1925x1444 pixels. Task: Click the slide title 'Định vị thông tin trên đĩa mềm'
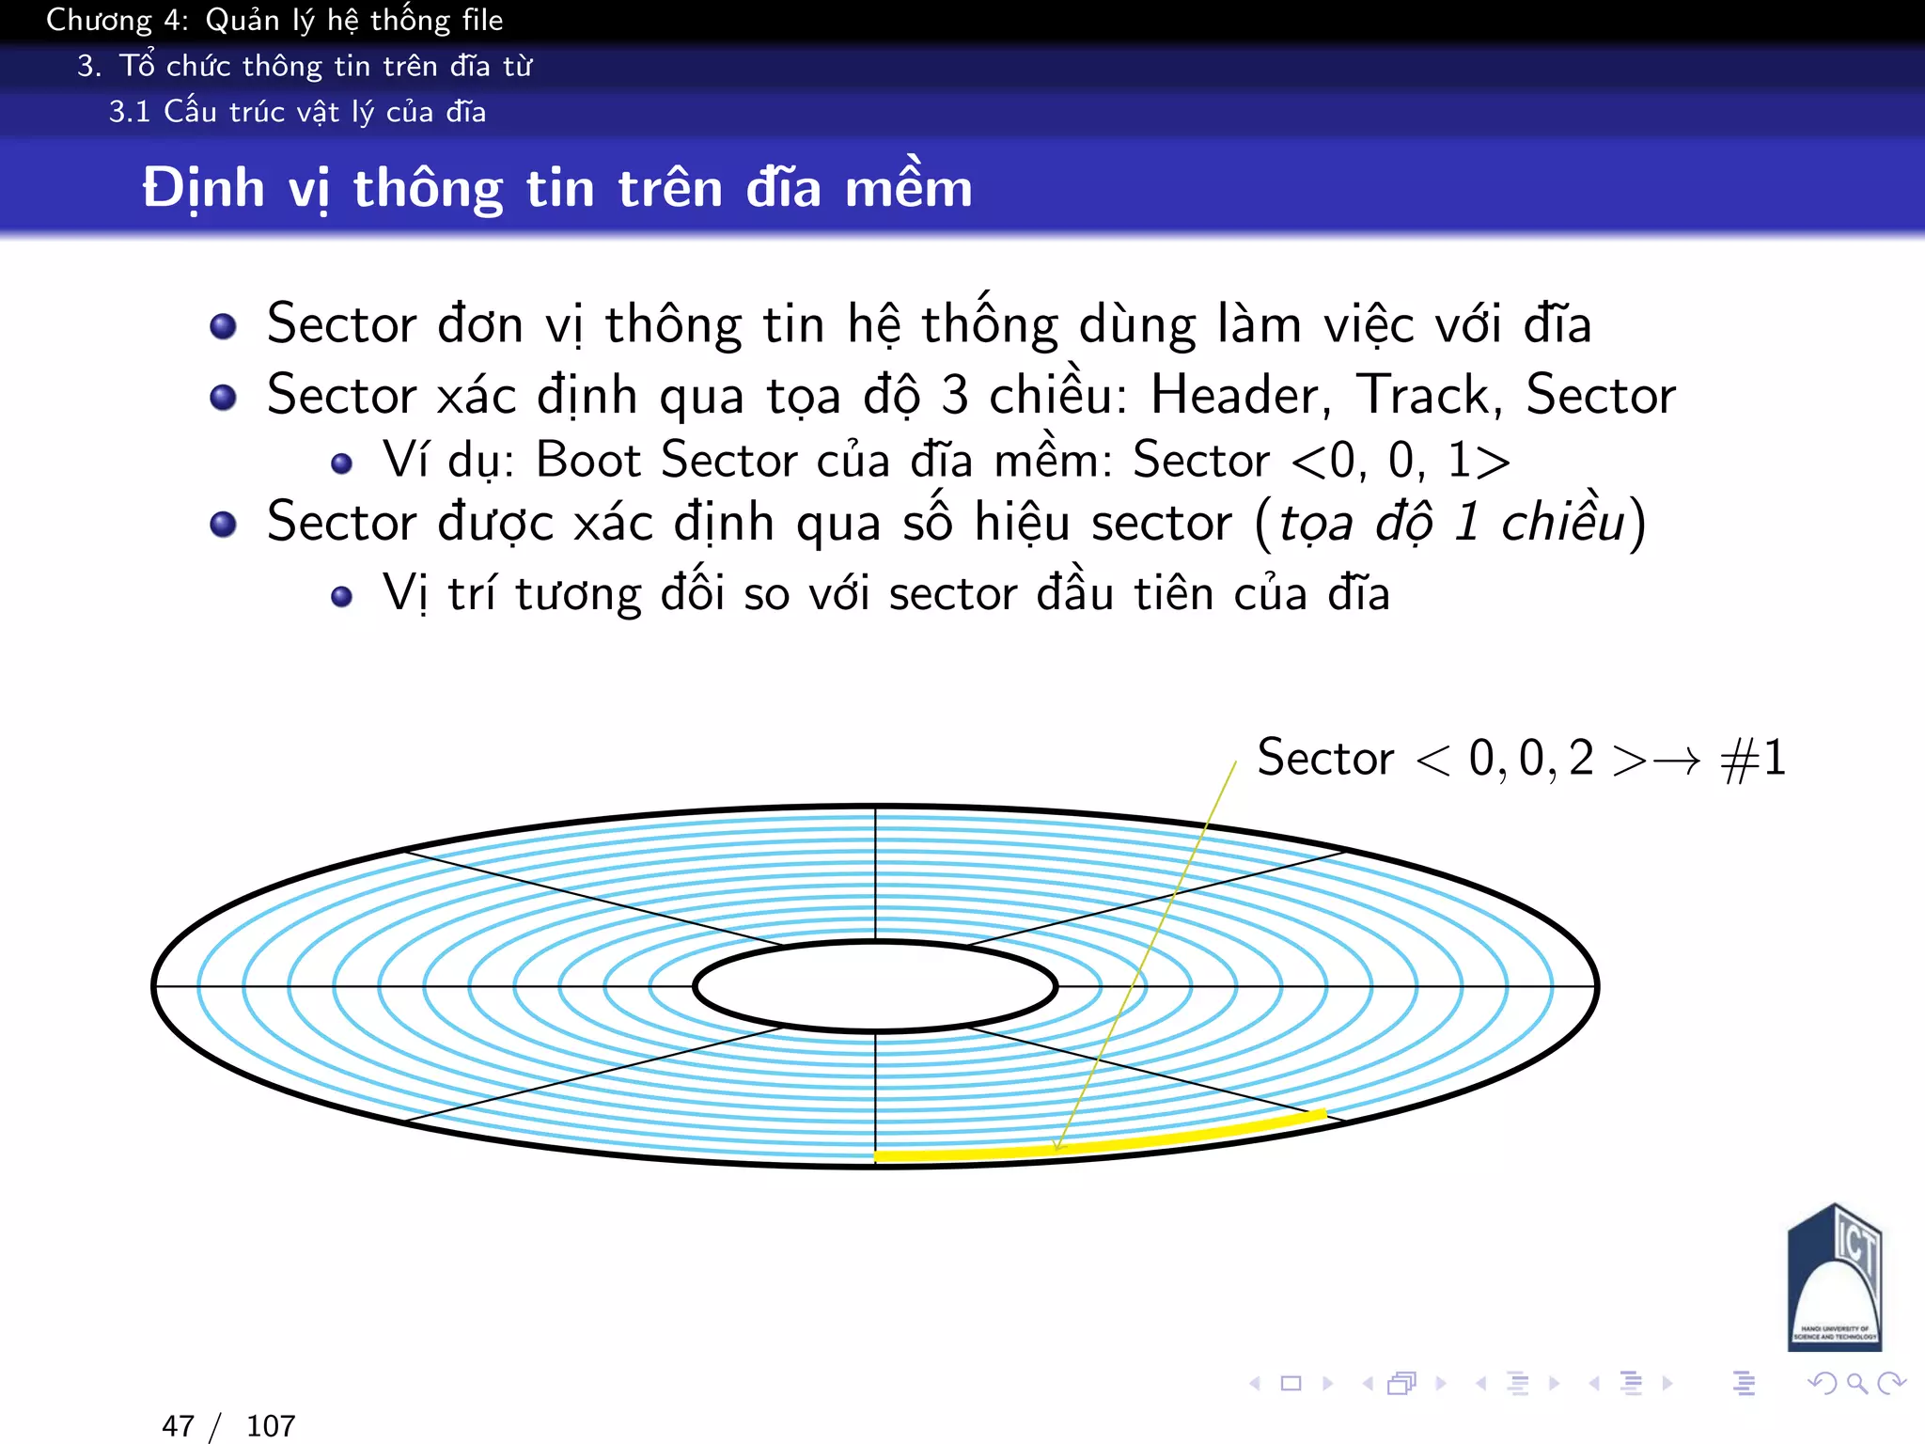556,188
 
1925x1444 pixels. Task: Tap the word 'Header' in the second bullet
1240,395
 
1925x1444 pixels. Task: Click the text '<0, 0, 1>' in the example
1401,461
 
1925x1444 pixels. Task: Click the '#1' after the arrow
1753,758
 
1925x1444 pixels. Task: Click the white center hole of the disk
875,986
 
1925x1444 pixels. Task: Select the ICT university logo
1834,1279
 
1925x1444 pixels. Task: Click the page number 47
178,1426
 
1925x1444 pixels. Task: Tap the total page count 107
271,1426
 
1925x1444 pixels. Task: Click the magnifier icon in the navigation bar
1856,1383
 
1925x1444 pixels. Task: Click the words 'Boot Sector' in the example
666,461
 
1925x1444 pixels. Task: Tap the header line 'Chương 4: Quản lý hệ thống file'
274,20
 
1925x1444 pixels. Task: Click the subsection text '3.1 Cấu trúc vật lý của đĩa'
297,112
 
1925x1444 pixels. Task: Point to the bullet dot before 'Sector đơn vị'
223,326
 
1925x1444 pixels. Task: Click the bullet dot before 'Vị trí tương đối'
342,596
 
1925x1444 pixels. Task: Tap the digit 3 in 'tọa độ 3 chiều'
955,395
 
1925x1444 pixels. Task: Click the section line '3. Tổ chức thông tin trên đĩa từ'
305,66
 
